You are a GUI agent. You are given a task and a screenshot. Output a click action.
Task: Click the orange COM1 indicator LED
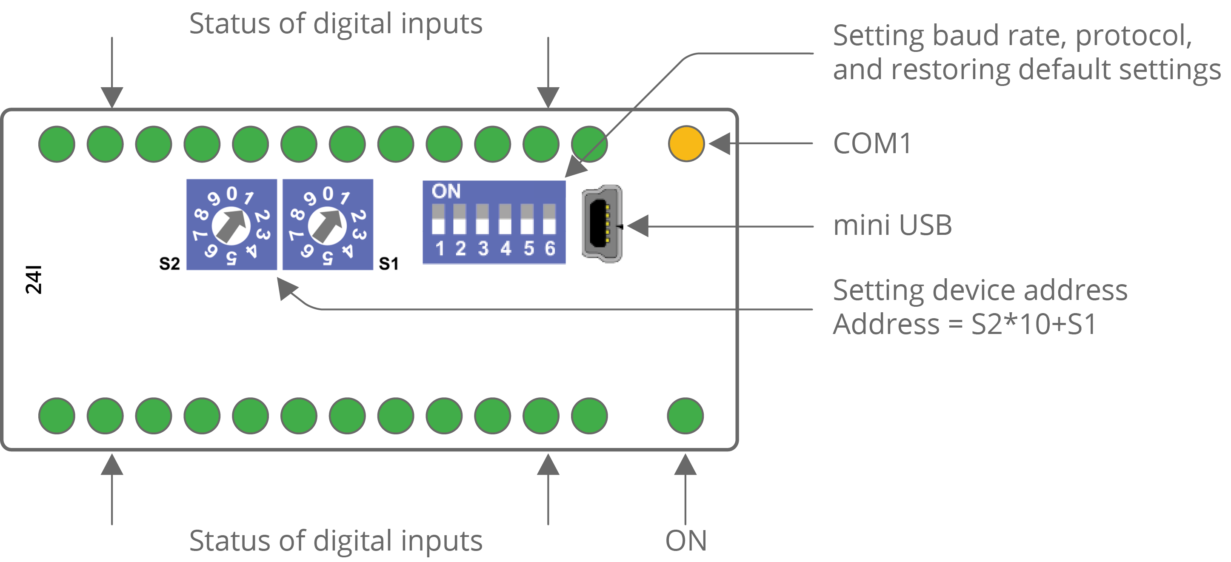tap(686, 143)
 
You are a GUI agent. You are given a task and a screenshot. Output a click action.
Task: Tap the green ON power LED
tap(685, 416)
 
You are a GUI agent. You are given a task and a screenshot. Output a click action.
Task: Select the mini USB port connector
tap(602, 224)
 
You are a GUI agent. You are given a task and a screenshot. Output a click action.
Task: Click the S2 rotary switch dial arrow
tap(231, 225)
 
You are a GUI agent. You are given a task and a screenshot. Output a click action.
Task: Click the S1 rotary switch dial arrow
tap(327, 225)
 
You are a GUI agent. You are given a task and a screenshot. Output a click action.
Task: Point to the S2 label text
tap(169, 263)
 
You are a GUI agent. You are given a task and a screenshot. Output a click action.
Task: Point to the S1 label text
tap(388, 263)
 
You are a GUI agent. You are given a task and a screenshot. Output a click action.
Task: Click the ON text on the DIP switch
tap(446, 191)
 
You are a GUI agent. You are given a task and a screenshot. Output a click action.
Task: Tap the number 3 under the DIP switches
tap(483, 248)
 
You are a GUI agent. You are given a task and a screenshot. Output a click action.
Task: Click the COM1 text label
tap(872, 143)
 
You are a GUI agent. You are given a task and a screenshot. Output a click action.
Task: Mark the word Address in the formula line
tap(886, 325)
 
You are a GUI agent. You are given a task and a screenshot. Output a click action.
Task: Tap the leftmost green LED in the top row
tap(57, 144)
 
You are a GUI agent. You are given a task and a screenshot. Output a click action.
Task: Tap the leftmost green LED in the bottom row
tap(57, 416)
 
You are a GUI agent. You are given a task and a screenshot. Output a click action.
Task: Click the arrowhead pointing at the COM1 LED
tap(720, 143)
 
